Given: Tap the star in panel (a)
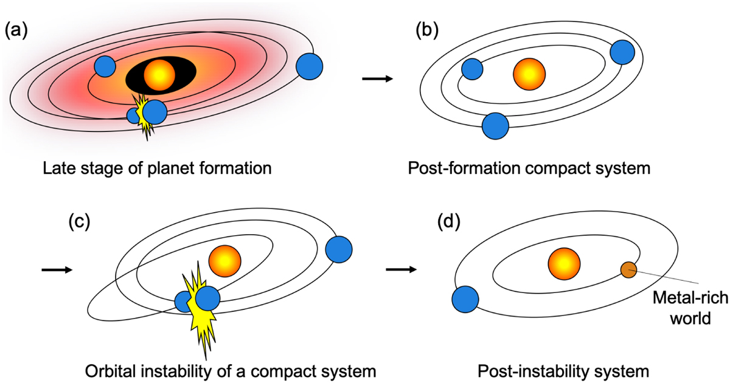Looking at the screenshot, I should point(159,75).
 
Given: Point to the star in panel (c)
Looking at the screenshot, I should point(224,261).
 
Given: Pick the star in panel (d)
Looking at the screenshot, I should point(564,264).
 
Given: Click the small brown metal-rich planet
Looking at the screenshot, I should point(628,269).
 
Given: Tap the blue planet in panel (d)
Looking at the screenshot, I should point(465,300).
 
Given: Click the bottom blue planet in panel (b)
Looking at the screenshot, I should point(495,126).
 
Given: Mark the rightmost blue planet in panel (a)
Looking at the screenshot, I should point(310,65).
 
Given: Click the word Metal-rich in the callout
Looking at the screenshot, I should point(680,298).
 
